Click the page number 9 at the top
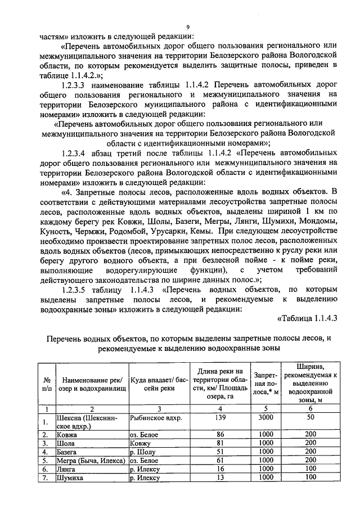(x=188, y=26)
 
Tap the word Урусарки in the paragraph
(x=158, y=231)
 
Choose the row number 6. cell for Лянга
(x=47, y=469)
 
